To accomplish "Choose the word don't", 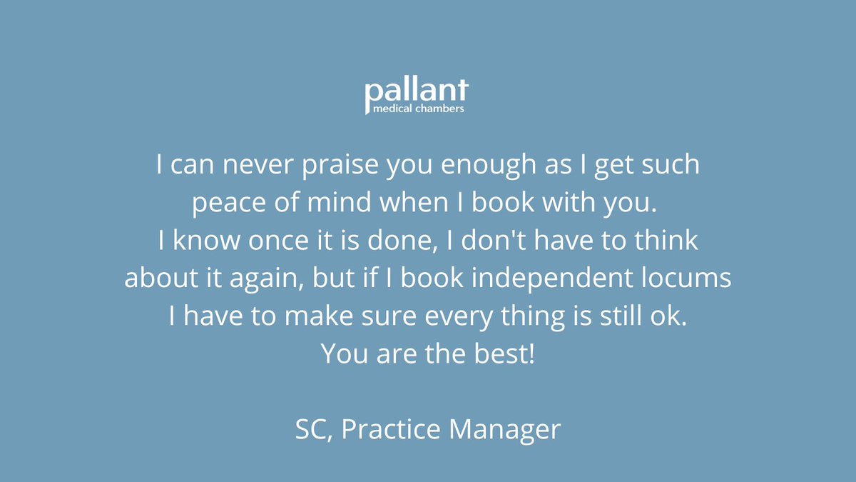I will (457, 241).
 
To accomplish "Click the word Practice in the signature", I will (389, 429).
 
